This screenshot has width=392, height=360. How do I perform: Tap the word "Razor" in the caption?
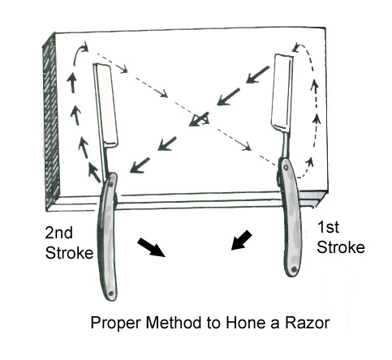[x=308, y=323]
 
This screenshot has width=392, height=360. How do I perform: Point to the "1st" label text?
[x=328, y=227]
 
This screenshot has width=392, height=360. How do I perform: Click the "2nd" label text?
[x=58, y=233]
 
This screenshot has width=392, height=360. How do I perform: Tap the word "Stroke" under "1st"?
[x=341, y=247]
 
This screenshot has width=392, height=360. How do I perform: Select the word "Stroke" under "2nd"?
[x=69, y=253]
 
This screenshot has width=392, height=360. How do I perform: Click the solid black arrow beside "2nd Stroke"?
[x=151, y=247]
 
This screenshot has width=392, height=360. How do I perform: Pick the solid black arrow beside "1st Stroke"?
[x=241, y=240]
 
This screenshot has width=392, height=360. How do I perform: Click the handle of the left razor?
[x=108, y=237]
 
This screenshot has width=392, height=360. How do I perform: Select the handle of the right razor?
[x=291, y=217]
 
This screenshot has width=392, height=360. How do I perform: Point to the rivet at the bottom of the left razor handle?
[x=110, y=294]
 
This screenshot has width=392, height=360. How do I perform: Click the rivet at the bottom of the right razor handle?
[x=294, y=269]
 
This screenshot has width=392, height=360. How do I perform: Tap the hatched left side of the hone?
[x=51, y=122]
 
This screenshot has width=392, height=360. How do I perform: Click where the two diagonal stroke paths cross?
[x=200, y=119]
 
